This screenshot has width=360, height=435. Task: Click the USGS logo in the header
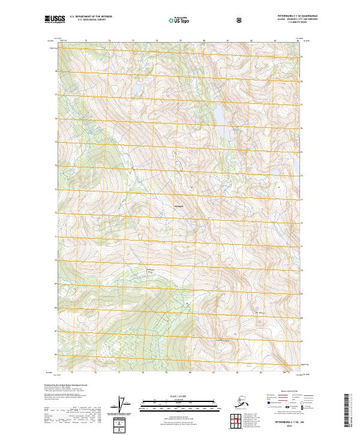tap(54, 20)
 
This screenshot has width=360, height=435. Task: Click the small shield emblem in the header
tap(240, 20)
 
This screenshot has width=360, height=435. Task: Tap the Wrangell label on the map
tap(178, 208)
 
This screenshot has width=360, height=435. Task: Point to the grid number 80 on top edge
tap(204, 41)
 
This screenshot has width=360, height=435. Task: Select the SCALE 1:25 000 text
tap(179, 396)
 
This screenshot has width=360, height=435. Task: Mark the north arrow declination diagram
tap(124, 403)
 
